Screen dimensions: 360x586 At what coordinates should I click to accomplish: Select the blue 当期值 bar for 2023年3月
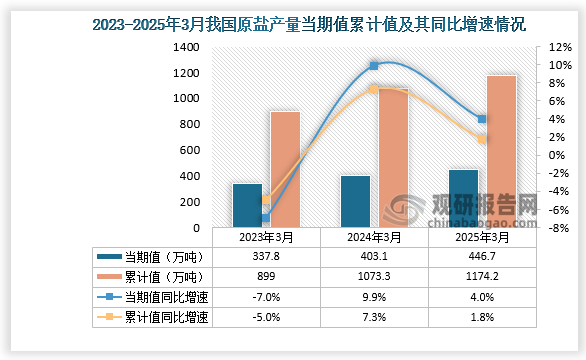coord(247,205)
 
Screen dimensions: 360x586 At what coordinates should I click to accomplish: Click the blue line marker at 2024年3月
coord(374,66)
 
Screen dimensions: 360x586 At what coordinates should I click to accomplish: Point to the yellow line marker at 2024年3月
coord(374,89)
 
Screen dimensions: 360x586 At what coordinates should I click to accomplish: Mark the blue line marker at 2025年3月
coord(482,119)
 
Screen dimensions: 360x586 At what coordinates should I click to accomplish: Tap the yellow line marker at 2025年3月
coord(482,139)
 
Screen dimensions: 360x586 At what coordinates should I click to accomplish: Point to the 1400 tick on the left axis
coord(186,47)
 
